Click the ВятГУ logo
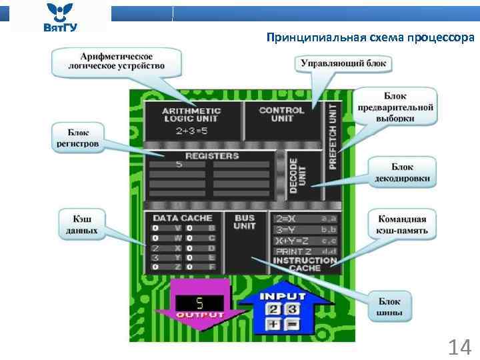60,17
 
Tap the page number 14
459,347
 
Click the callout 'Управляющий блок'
343,63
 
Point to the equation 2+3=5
191,131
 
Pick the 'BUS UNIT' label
245,222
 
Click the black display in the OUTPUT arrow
199,303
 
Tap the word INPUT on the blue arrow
282,296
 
